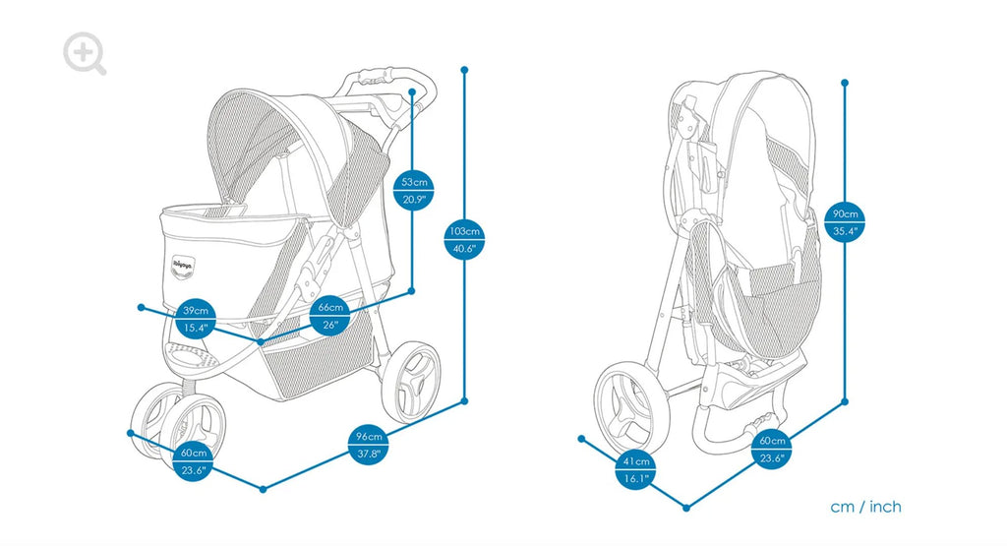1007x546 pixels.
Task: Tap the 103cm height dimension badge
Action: point(464,240)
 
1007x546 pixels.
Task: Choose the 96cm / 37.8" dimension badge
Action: point(369,445)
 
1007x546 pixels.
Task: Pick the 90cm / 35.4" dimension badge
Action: point(845,222)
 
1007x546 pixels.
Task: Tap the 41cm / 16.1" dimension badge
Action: point(635,470)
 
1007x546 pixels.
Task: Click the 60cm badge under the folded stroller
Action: point(772,449)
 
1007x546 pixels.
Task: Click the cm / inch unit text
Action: point(865,507)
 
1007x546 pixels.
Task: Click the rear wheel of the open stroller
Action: point(410,382)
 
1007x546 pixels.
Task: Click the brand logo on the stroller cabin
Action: point(177,265)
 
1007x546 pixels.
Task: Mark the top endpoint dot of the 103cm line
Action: point(464,70)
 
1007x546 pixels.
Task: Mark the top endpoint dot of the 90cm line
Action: point(845,83)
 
